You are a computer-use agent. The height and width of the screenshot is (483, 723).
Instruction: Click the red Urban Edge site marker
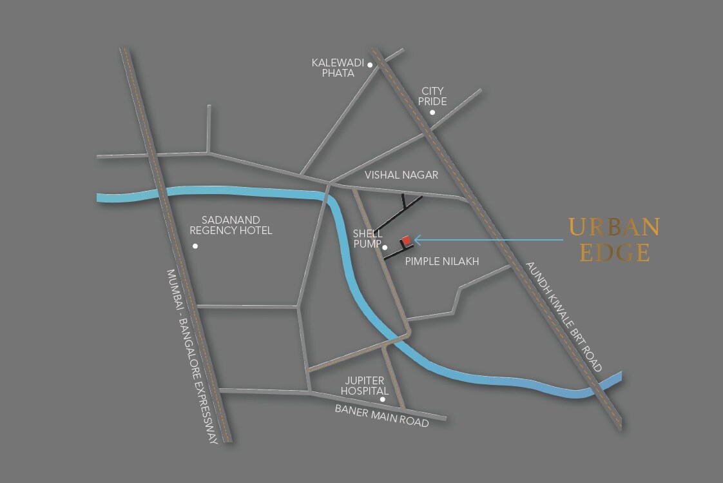(x=406, y=241)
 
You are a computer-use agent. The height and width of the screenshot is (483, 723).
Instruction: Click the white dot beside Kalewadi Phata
(x=370, y=64)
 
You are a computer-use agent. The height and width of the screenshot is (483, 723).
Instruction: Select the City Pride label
(x=432, y=96)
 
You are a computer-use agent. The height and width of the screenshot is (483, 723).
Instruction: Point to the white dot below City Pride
(x=432, y=112)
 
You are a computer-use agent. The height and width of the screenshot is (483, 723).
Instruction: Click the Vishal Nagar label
(x=401, y=175)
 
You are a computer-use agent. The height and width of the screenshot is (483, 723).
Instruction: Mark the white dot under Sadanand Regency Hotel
(x=195, y=246)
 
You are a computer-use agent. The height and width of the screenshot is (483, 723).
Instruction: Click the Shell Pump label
(x=367, y=238)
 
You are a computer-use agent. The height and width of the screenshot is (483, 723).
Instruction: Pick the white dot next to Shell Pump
(x=384, y=247)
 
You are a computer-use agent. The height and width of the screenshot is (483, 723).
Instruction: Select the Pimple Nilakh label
(x=442, y=261)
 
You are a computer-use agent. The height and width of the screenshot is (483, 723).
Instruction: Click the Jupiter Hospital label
(x=363, y=386)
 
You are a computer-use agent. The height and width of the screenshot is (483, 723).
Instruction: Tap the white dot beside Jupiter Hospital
(x=383, y=399)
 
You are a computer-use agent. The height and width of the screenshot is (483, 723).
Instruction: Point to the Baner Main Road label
(x=381, y=417)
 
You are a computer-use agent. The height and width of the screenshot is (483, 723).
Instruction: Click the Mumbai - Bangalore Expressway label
(x=192, y=356)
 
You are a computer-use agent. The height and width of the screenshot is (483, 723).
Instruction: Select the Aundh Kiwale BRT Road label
(x=564, y=316)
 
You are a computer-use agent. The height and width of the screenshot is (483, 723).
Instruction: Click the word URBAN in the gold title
(x=614, y=227)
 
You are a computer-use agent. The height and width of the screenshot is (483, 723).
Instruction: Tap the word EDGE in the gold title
(x=614, y=253)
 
